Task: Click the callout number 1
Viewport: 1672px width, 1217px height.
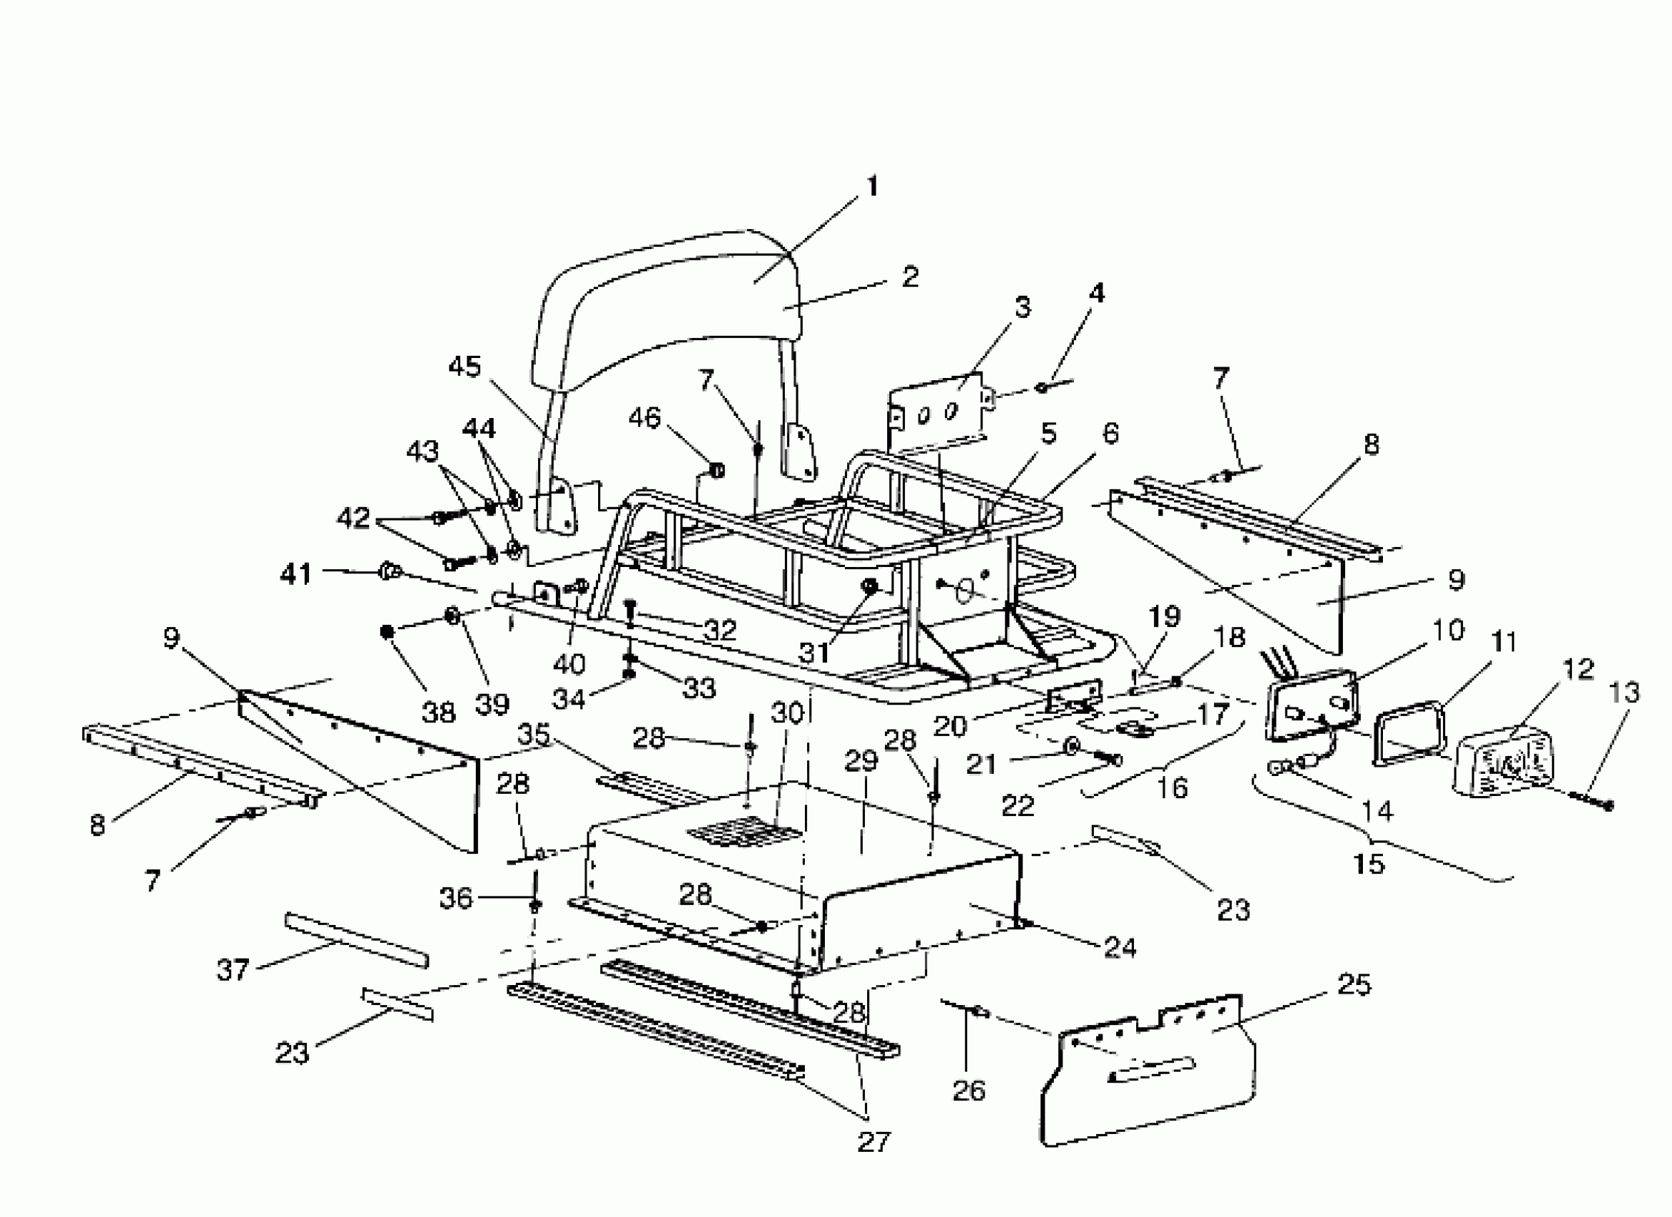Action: pyautogui.click(x=872, y=187)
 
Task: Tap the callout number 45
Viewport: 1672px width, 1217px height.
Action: pyautogui.click(x=464, y=367)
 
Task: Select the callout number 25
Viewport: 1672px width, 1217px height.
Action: pyautogui.click(x=1354, y=984)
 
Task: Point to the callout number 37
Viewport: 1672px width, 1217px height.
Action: pyautogui.click(x=233, y=969)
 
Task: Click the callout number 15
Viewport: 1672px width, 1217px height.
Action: pyautogui.click(x=1369, y=863)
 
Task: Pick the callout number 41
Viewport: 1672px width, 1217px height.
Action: pyautogui.click(x=296, y=574)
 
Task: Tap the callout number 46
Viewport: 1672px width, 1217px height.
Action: pyautogui.click(x=645, y=417)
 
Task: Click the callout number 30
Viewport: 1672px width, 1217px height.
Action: pyautogui.click(x=786, y=713)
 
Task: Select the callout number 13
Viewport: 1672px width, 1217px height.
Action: pyautogui.click(x=1625, y=692)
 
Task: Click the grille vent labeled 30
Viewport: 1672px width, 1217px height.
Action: pyautogui.click(x=745, y=833)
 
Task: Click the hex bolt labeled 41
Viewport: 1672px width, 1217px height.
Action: pyautogui.click(x=389, y=571)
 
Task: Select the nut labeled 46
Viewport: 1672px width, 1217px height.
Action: pyautogui.click(x=716, y=470)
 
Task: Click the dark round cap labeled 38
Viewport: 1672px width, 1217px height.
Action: pyautogui.click(x=386, y=631)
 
